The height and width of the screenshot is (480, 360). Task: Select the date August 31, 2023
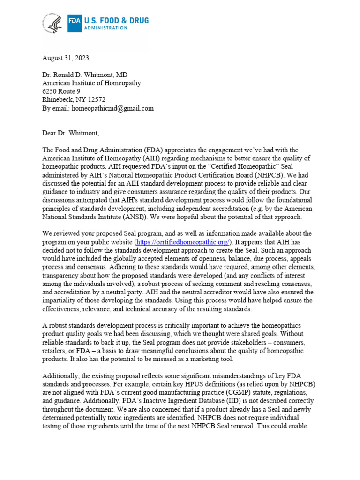coord(65,58)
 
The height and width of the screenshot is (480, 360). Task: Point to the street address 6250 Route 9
coord(61,91)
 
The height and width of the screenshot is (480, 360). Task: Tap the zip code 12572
coord(96,100)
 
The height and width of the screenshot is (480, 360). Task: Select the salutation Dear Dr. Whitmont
coord(71,133)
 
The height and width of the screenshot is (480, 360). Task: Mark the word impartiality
coord(61,300)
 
